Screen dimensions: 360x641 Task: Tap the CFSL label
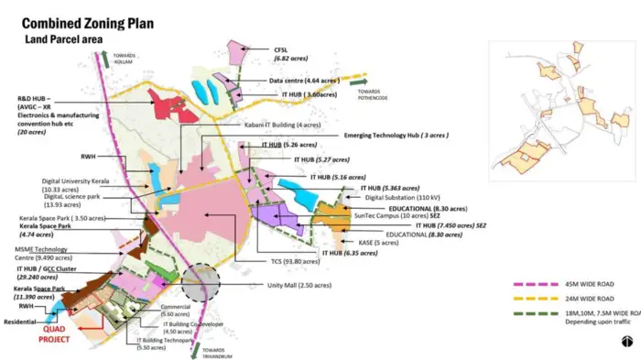(281, 49)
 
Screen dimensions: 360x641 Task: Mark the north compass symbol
(625, 342)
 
